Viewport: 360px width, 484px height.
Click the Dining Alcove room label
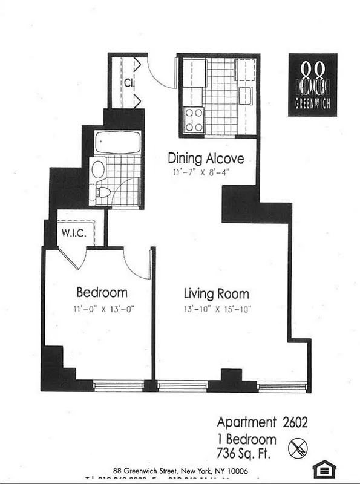(206, 159)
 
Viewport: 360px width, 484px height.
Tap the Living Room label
(216, 294)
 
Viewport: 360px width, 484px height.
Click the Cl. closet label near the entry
(129, 82)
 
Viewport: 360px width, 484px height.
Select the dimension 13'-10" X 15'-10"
(217, 309)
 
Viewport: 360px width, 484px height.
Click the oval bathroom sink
(98, 169)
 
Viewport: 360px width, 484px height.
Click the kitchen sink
(246, 95)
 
